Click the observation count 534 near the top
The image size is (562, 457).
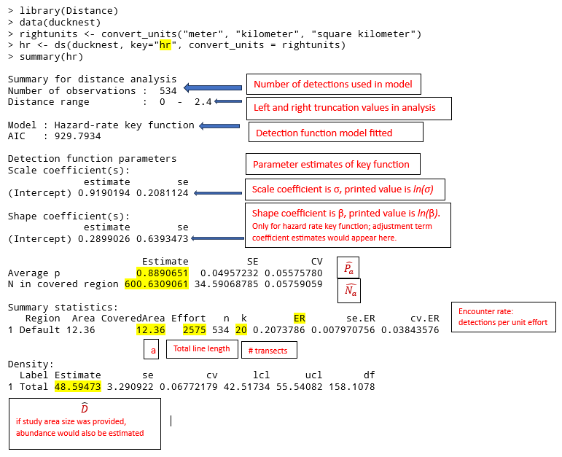coord(168,91)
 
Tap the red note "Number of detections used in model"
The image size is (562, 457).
coord(333,85)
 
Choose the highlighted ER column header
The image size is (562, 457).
coord(300,319)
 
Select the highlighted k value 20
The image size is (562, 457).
coord(241,329)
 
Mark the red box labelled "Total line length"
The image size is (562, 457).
coord(201,349)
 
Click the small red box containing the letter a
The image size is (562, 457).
coord(153,350)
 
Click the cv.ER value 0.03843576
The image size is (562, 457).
coord(415,329)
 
